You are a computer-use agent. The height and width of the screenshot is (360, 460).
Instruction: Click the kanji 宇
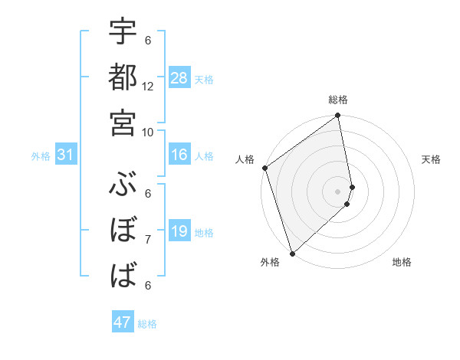point(123,34)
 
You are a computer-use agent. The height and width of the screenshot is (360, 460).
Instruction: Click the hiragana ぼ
point(123,229)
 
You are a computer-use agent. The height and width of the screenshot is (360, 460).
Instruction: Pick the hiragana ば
point(123,273)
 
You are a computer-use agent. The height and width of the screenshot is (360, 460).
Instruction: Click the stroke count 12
point(148,87)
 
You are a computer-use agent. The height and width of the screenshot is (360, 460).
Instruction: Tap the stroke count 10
point(148,132)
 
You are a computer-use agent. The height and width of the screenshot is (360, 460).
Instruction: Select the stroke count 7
point(148,240)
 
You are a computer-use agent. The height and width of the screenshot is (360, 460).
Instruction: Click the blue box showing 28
point(179,79)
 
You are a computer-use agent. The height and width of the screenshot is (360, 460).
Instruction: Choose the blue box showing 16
point(179,155)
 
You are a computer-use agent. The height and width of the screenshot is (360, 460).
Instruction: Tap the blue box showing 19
point(179,232)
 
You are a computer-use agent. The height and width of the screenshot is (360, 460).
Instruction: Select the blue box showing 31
point(66,155)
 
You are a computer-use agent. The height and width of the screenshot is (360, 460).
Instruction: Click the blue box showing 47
point(123,322)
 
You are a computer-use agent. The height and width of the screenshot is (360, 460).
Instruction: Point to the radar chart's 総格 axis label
point(338,100)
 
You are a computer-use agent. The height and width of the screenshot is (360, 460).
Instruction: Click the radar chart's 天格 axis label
point(432,159)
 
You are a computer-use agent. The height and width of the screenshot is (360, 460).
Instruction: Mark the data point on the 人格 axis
point(264,169)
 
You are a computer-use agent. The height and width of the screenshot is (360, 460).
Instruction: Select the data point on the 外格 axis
point(292,253)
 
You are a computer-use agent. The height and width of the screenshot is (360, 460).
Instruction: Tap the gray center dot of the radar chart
point(338,191)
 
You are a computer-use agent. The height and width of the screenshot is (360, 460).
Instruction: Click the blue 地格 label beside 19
point(205,233)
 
